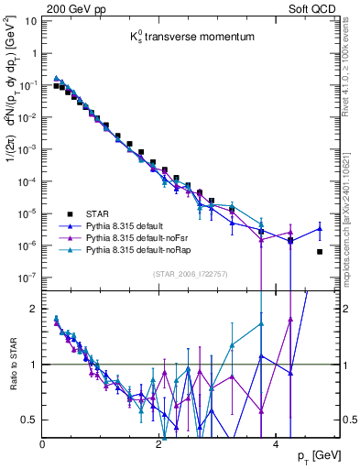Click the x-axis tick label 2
[159, 444]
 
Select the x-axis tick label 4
[276, 444]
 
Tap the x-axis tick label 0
[43, 444]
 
